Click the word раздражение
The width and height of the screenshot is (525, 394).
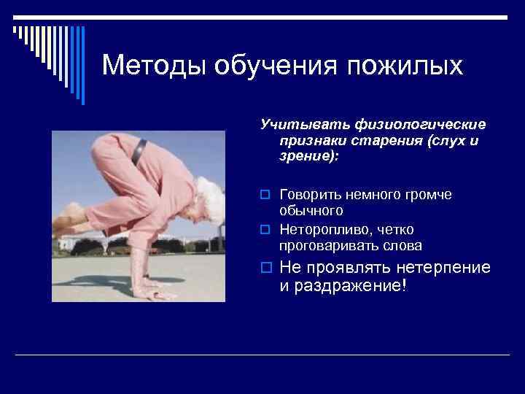[338, 286]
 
